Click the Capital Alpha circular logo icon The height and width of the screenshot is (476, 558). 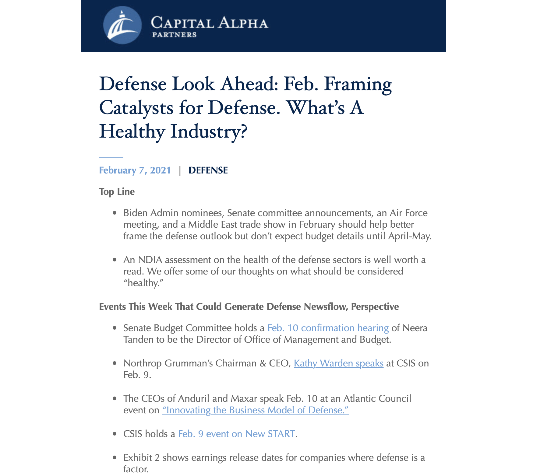(x=122, y=25)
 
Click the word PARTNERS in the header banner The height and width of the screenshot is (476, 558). (x=174, y=35)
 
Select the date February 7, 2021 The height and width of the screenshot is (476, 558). (x=135, y=170)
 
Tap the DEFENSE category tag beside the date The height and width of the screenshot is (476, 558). (x=208, y=170)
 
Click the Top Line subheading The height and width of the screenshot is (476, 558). (x=117, y=191)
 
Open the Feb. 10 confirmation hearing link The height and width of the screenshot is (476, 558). (x=328, y=328)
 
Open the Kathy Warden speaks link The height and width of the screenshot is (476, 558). (x=338, y=363)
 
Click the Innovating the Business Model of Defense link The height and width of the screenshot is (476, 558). (x=255, y=410)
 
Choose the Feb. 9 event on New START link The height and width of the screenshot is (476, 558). (x=236, y=434)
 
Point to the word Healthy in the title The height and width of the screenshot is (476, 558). (x=132, y=131)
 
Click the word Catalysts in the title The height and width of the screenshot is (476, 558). (x=136, y=107)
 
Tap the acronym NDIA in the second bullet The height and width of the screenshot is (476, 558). (x=150, y=260)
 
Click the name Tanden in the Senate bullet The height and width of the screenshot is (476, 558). (x=139, y=339)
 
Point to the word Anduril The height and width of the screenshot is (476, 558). (x=194, y=398)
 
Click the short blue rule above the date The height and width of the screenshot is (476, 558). (x=111, y=157)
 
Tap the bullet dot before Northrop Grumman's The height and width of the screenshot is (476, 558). (x=115, y=363)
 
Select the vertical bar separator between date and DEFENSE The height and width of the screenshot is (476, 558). (x=180, y=170)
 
